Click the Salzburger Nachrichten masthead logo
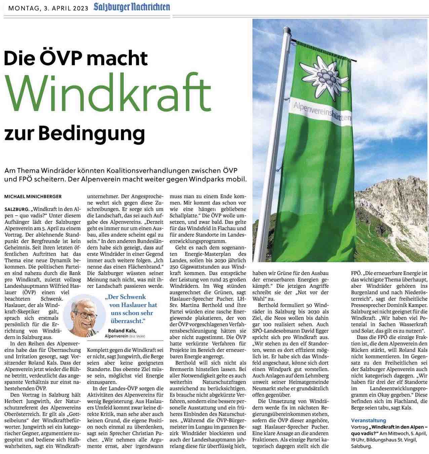131,7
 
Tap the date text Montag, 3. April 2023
48,8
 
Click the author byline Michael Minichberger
33,196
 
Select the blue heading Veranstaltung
368,420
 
